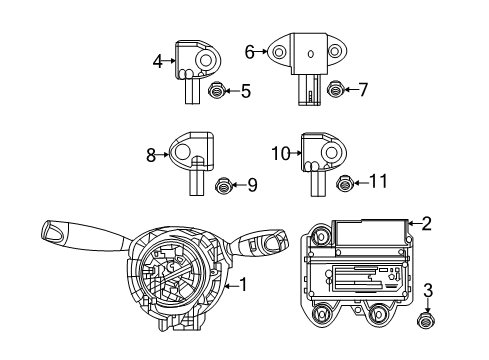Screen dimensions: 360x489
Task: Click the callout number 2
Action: (x=427, y=224)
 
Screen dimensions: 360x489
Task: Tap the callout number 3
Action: (x=428, y=291)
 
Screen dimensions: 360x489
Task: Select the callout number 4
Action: (x=157, y=62)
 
